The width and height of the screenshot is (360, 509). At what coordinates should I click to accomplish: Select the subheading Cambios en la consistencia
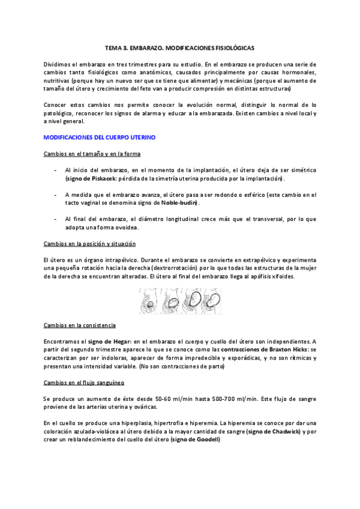(80, 325)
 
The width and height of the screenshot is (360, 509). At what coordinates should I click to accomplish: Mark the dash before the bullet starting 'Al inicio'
(56, 170)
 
